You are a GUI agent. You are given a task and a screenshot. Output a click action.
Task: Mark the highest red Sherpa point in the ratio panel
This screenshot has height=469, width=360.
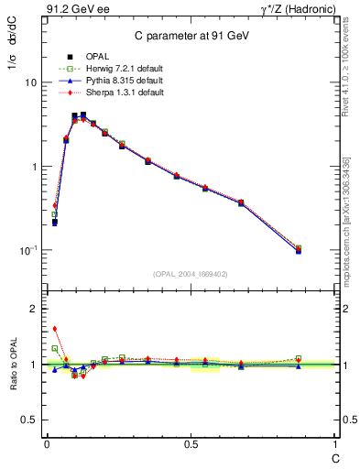tap(55, 329)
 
